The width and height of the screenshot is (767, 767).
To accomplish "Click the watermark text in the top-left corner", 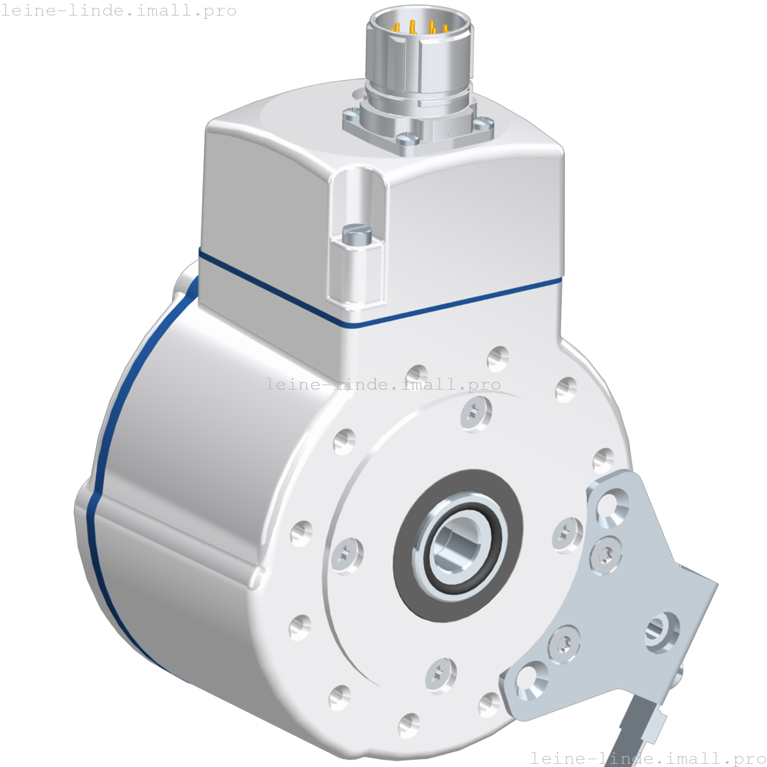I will point(118,11).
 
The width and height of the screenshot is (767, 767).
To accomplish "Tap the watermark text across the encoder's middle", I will point(383,384).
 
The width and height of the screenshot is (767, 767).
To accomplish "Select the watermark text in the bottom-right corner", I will point(648,758).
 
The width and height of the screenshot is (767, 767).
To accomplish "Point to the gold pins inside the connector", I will point(421,27).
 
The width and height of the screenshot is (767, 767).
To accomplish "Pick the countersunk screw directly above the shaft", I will point(476,412).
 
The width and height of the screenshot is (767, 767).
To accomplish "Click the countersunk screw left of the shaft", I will point(347,556).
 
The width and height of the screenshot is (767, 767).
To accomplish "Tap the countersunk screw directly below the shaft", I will point(441,675).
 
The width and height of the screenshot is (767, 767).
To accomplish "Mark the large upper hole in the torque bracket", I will point(611,503).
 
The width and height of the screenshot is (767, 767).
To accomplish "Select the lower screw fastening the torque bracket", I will point(564,644).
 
